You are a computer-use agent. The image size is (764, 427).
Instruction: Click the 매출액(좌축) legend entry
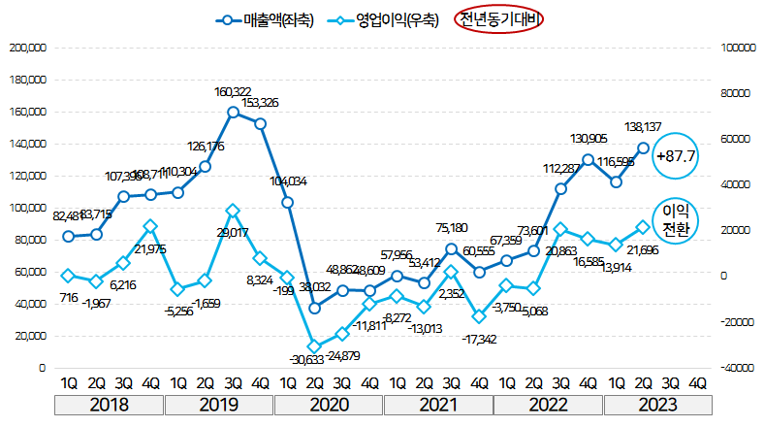(x=266, y=19)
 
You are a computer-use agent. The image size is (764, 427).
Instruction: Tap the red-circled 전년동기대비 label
(x=500, y=19)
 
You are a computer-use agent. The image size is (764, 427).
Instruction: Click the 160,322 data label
(x=233, y=92)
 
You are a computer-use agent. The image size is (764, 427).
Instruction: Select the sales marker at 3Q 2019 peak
(x=233, y=113)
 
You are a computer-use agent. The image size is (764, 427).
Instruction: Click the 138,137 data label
(x=644, y=127)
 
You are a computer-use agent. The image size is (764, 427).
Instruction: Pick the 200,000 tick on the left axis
(x=27, y=48)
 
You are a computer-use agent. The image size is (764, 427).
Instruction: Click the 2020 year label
(x=329, y=403)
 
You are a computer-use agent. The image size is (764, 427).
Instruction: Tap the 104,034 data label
(x=288, y=181)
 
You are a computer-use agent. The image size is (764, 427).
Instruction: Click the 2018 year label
(x=110, y=403)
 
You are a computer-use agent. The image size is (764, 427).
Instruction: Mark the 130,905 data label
(x=589, y=139)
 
